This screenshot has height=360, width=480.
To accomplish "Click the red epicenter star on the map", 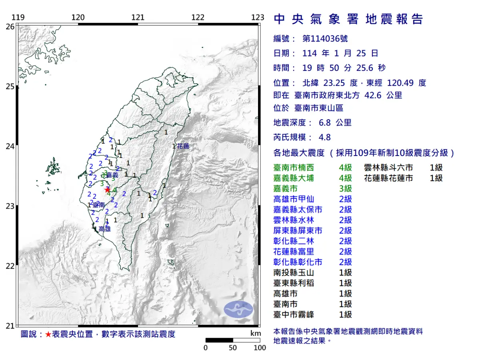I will [107, 190].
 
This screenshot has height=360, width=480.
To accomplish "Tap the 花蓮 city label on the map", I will [183, 146].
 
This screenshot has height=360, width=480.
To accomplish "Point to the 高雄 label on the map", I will [104, 229].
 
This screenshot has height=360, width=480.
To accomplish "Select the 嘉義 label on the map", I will [112, 175].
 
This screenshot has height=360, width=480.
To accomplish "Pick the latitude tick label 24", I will [10, 146].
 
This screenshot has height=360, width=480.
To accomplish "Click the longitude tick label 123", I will [258, 17].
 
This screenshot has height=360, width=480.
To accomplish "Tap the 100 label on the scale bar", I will [260, 348].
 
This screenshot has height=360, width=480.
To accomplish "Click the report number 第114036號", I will [325, 39].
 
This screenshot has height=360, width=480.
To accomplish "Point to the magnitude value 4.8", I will [324, 137].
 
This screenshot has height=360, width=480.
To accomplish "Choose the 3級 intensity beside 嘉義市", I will [345, 189].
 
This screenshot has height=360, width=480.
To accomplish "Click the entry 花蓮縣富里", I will [294, 252].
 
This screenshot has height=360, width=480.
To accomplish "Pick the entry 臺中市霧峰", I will [294, 315].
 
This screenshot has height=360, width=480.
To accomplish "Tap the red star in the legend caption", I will [48, 334].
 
